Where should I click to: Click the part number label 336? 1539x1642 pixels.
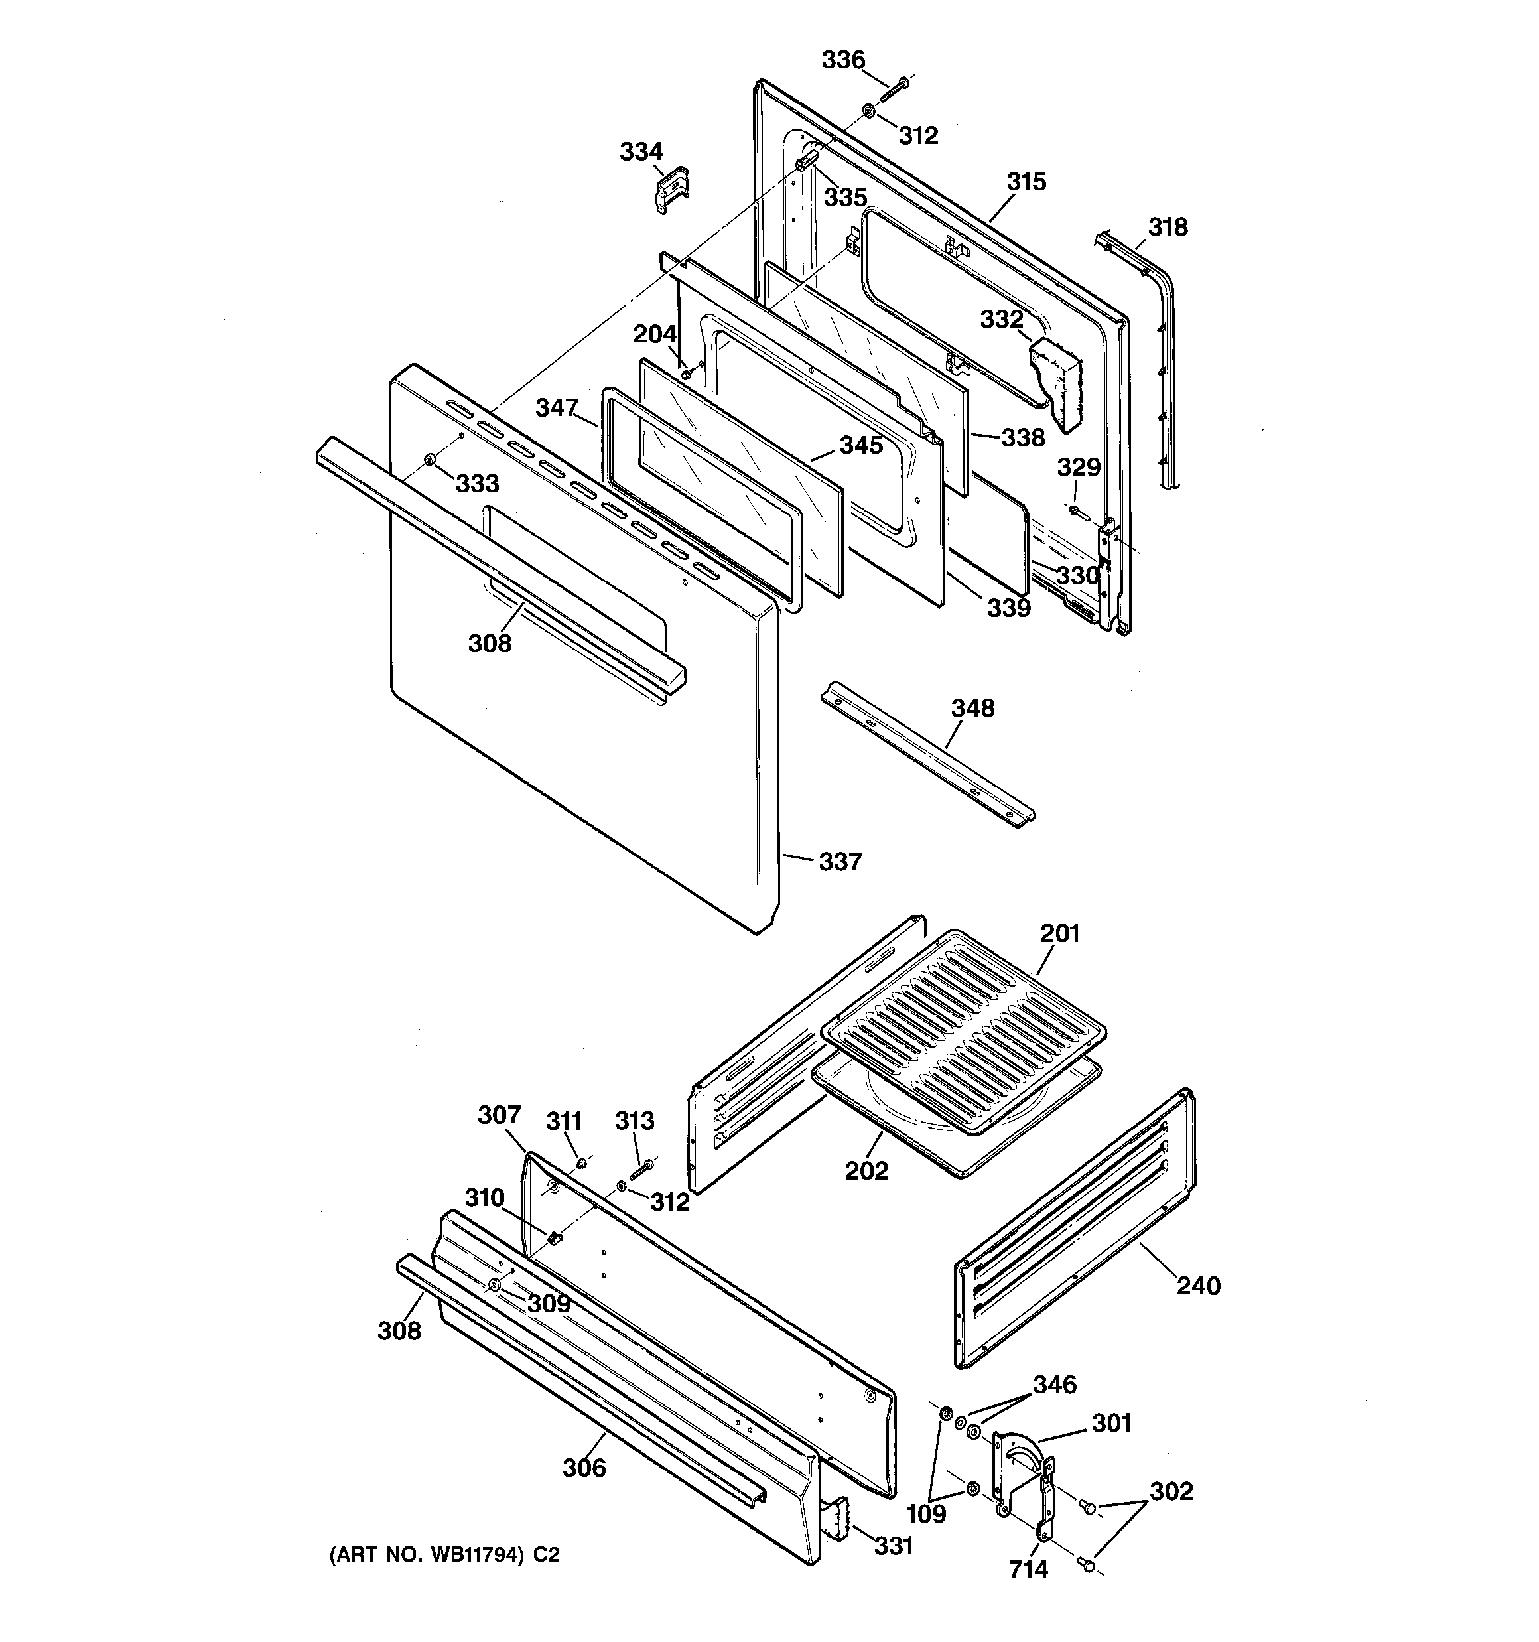coord(842,60)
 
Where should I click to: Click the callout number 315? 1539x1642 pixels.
coord(1026,182)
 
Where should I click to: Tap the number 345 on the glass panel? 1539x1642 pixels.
coord(861,445)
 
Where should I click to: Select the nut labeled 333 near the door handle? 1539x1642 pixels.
coord(429,459)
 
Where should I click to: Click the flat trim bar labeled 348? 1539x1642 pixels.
coord(925,753)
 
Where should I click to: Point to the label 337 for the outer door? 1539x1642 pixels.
coord(840,862)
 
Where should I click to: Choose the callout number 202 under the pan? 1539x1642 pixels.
coord(866,1170)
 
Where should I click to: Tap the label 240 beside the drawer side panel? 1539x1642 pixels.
coord(1198,1286)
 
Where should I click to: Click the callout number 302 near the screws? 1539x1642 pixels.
coord(1171,1491)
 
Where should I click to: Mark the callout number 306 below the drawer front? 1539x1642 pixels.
coord(584,1469)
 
